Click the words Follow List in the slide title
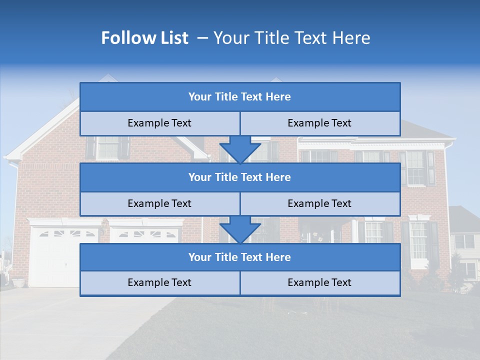coord(144,38)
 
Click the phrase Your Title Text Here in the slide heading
coord(291,38)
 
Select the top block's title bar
coord(239,97)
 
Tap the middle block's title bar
coord(239,177)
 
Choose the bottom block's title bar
coord(239,257)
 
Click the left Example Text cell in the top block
coord(159,123)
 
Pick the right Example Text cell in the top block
coord(319,123)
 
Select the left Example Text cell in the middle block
coord(159,203)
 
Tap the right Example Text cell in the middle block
coord(319,203)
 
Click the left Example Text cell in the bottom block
coord(159,282)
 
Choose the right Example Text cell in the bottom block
coord(319,282)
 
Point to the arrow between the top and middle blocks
coord(240,149)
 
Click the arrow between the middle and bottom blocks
coord(240,229)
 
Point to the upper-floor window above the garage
coord(107,147)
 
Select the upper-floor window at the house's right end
coord(416,167)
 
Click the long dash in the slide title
coord(203,38)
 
